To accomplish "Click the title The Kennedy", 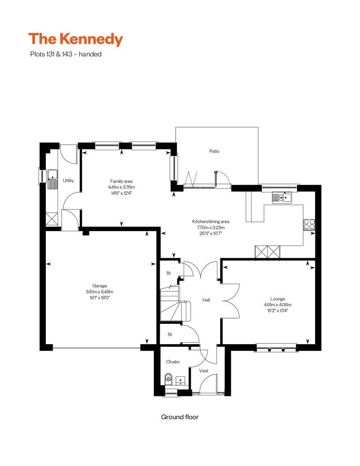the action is pyautogui.click(x=76, y=39).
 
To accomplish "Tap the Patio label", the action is pyautogui.click(x=214, y=151).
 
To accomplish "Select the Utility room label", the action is pyautogui.click(x=68, y=180).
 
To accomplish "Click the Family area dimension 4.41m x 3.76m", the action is pyautogui.click(x=121, y=187).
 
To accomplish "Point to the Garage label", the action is pyautogui.click(x=99, y=286).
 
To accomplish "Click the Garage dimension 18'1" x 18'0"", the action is pyautogui.click(x=99, y=297).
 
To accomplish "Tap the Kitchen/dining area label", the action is pyautogui.click(x=211, y=221).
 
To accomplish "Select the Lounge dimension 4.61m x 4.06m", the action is pyautogui.click(x=277, y=305).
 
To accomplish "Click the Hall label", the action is pyautogui.click(x=206, y=300).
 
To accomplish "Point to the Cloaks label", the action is pyautogui.click(x=173, y=362).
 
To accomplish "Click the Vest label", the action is pyautogui.click(x=204, y=371).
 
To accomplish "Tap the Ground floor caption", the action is pyautogui.click(x=180, y=417).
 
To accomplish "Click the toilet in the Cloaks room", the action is pyautogui.click(x=168, y=379).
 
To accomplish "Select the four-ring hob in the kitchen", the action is pyautogui.click(x=309, y=224).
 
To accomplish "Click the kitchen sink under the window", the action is pyautogui.click(x=282, y=197).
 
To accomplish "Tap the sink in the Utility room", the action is pyautogui.click(x=52, y=179).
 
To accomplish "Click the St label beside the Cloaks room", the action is pyautogui.click(x=170, y=334).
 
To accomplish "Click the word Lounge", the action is pyautogui.click(x=277, y=299).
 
